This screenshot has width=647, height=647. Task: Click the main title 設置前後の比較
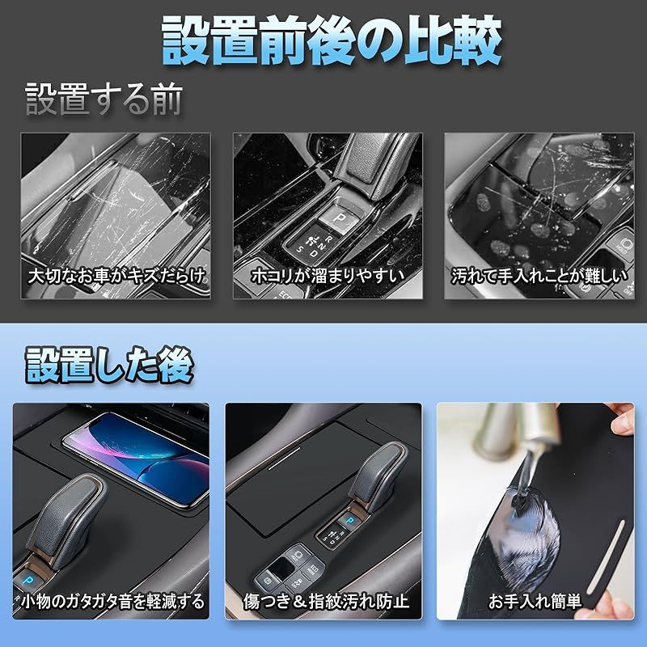point(332,40)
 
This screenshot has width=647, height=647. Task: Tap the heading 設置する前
point(104,99)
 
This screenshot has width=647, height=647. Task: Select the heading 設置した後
point(109,366)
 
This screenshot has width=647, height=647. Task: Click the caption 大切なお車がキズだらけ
point(116,276)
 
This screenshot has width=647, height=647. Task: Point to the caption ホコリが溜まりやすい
point(328,276)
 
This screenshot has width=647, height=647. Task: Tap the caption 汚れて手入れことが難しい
point(539,276)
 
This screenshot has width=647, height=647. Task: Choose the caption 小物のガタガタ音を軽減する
point(112,601)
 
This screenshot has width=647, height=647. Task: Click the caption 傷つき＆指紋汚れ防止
point(326,601)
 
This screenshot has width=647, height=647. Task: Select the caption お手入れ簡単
point(535,601)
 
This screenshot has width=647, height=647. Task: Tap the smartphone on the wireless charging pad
point(137,457)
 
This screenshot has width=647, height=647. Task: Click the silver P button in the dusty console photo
point(340,218)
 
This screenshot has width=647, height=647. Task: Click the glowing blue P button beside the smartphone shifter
point(28,580)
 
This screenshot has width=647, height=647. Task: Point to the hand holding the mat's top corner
point(622,420)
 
